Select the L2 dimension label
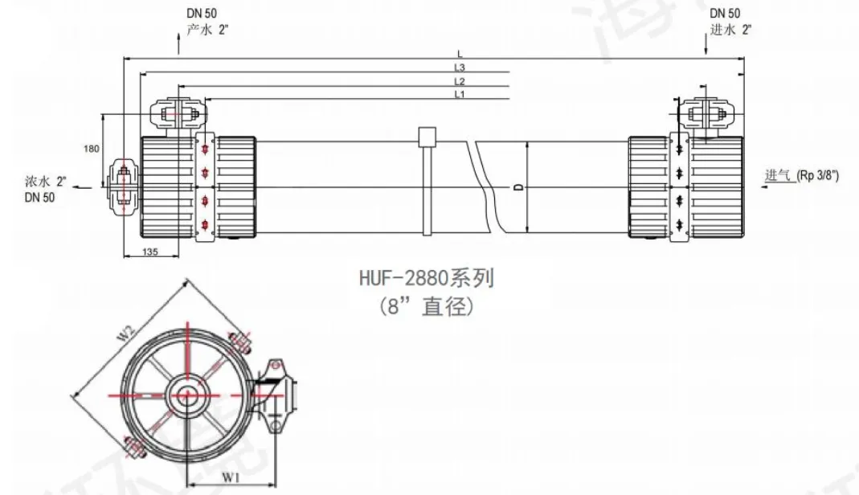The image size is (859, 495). point(459,81)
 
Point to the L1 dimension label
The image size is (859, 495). point(459,95)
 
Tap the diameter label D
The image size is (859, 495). point(519,187)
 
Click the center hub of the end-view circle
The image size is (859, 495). point(187,395)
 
